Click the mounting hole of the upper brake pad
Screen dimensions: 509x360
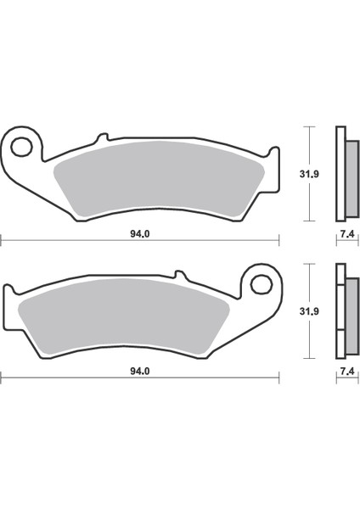(x=24, y=145)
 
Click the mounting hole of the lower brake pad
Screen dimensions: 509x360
(x=258, y=282)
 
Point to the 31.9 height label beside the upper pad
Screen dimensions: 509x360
(x=297, y=176)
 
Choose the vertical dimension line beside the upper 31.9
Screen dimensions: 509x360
(x=314, y=174)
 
